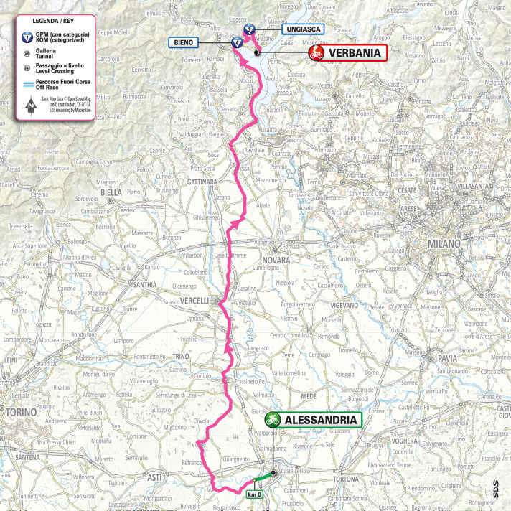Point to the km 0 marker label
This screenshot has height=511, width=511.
(253, 495)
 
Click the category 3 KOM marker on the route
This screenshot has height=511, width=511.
(248, 29)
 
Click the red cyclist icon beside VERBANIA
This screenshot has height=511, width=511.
(315, 53)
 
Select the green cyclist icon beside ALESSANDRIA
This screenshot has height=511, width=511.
(273, 419)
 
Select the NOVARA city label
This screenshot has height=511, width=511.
(276, 260)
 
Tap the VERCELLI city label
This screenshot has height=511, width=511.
(194, 301)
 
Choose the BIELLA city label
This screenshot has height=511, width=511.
(111, 192)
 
